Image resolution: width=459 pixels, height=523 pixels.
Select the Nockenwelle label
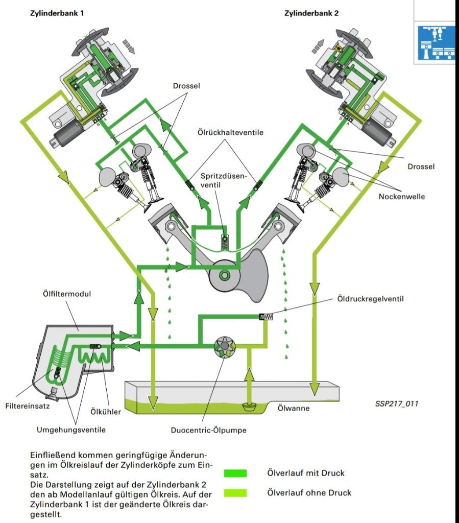tap(403, 196)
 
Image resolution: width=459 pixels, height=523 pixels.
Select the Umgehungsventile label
tap(71, 430)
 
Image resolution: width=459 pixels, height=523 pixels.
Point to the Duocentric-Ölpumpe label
tap(208, 430)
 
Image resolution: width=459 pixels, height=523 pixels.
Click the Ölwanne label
tap(293, 408)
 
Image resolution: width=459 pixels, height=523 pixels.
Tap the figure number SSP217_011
tap(397, 403)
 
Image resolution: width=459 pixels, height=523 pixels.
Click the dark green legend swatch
tap(235, 473)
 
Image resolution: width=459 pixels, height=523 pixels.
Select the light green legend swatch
tap(235, 493)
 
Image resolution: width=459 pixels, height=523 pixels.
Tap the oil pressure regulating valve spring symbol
tap(267, 317)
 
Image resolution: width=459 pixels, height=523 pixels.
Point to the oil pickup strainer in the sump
tap(249, 407)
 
